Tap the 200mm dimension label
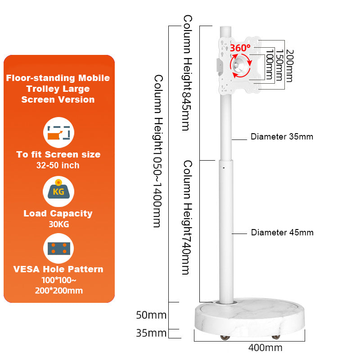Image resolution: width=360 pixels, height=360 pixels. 289,66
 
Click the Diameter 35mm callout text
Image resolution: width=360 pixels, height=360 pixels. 282,136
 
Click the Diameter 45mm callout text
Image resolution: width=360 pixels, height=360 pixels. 282,233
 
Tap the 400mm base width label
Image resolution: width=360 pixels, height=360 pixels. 265,347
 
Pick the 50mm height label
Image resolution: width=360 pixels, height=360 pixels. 151,315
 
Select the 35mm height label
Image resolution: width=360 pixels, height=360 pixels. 151,333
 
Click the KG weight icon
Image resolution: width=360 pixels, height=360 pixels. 58,190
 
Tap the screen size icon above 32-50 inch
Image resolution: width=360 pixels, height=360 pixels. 58,133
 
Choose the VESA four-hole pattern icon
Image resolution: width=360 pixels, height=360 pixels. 58,248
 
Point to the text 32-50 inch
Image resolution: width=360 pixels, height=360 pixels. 58,165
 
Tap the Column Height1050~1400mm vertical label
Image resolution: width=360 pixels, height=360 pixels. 157,151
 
